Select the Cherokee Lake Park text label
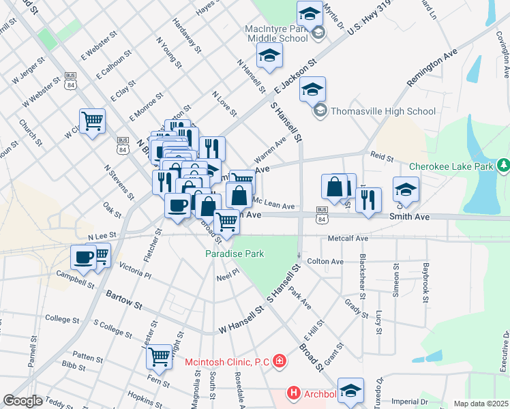(451, 166)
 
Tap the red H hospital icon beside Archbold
(293, 393)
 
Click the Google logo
(22, 401)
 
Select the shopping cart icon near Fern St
(159, 355)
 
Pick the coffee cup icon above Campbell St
(84, 257)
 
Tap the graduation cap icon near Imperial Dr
(350, 390)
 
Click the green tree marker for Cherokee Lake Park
(504, 166)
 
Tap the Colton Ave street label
(325, 261)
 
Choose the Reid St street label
(382, 157)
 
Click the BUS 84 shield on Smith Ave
(322, 213)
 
